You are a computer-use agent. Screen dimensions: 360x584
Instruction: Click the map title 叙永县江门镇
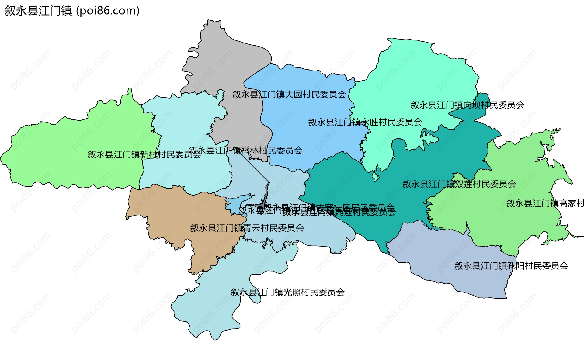[38, 11]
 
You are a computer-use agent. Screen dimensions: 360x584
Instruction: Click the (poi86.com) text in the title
[108, 11]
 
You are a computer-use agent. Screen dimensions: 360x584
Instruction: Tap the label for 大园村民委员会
[289, 95]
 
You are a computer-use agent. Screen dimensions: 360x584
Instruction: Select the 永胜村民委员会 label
[365, 122]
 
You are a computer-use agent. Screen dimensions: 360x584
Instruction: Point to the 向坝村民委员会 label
[467, 105]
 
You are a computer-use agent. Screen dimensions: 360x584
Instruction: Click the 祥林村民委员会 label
[245, 151]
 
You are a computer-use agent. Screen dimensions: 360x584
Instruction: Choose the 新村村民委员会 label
[144, 155]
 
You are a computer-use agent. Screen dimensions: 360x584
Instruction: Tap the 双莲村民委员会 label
[459, 184]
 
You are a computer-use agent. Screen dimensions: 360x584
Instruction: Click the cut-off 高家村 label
[544, 203]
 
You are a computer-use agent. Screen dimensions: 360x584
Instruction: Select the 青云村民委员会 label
[247, 228]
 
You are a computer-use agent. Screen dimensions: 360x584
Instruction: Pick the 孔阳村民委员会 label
[511, 266]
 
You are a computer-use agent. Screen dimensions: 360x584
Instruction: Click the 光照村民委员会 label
[287, 292]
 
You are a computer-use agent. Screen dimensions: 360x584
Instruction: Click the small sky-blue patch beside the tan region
[236, 203]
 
